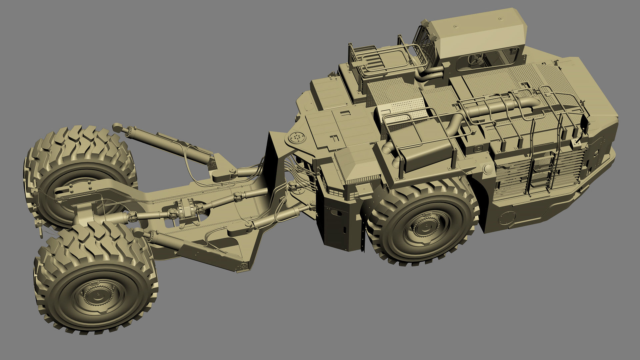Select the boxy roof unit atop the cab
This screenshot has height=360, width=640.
[477, 33]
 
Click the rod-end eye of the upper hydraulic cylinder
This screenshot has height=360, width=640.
[117, 127]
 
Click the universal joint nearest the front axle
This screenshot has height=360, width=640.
[133, 218]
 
